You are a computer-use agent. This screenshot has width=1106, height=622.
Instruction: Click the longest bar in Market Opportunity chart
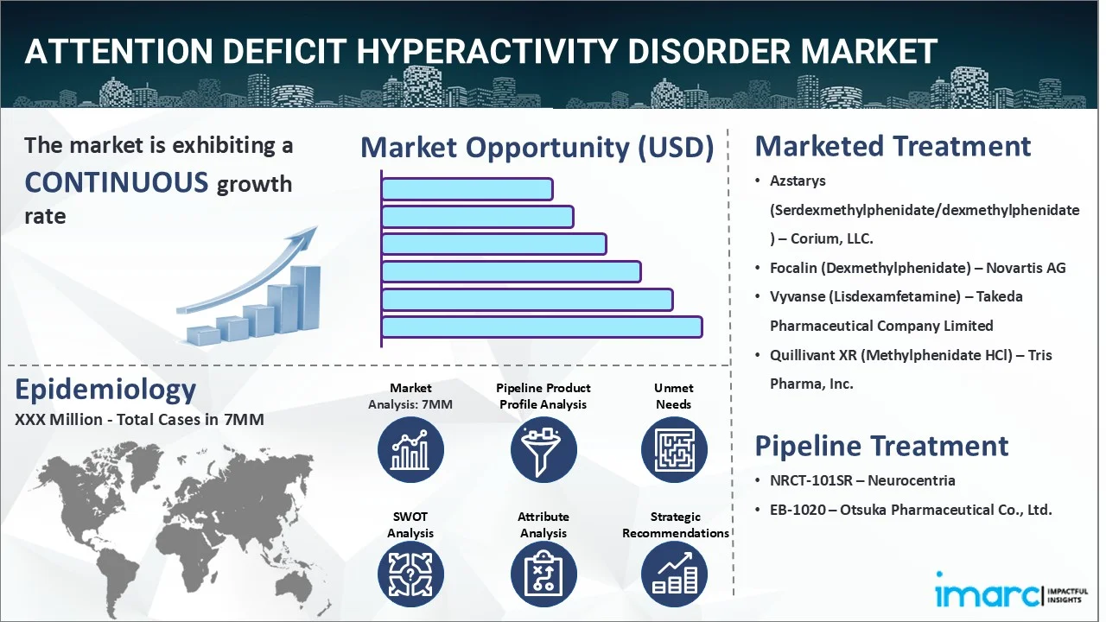(x=542, y=327)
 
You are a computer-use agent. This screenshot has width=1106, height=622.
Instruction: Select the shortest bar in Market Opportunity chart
(x=467, y=188)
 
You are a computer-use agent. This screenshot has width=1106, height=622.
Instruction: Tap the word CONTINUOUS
(x=117, y=182)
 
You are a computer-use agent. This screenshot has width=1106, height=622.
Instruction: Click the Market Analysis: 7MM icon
(x=410, y=450)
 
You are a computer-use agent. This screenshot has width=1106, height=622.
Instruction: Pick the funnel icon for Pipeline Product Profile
(x=543, y=450)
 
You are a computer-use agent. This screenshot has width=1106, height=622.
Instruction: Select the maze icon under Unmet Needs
(x=673, y=450)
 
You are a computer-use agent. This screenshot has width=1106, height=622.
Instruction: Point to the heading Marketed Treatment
(x=893, y=146)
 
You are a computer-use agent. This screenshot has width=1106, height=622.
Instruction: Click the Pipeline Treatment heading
(x=881, y=446)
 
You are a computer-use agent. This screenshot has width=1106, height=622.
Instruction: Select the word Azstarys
(x=798, y=181)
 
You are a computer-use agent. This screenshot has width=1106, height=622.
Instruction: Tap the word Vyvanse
(x=798, y=296)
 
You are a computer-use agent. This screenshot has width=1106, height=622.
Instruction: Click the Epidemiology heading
(x=105, y=390)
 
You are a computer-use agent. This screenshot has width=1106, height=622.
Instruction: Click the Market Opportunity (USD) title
(x=537, y=148)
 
